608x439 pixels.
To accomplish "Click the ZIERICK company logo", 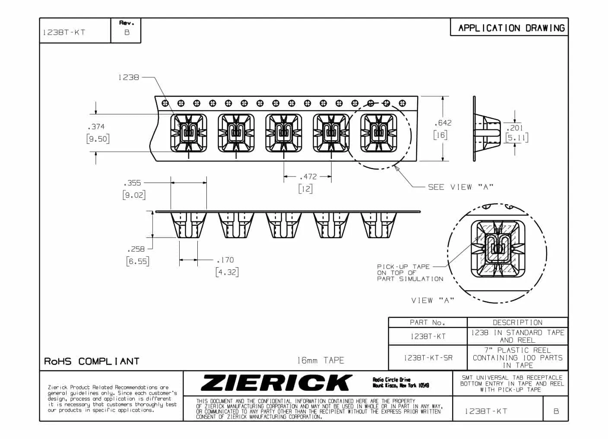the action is point(276,382).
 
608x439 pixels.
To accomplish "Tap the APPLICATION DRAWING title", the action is point(511,28).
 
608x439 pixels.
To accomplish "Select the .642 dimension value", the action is point(443,123).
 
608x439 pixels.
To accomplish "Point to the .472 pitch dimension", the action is point(308,177).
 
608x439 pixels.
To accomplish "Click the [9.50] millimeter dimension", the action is point(98,139).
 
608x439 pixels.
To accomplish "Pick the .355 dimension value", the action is point(133,183).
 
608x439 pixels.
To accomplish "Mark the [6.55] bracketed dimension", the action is point(138,261).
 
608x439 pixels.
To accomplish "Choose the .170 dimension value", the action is point(225,260).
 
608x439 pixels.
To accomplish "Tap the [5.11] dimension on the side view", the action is point(517,138).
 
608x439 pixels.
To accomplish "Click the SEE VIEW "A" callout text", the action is point(461,187).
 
